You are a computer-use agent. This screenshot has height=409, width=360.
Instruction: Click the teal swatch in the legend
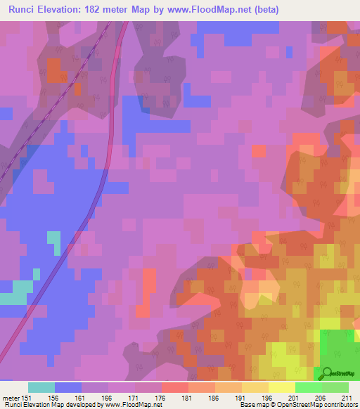pyautogui.click(x=41, y=387)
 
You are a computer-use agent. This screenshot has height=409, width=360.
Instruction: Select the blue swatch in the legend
pyautogui.click(x=68, y=387)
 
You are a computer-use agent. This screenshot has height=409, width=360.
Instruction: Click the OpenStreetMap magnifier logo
pyautogui.click(x=325, y=372)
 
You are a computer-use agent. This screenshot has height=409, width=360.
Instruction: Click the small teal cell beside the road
pyautogui.click(x=54, y=242)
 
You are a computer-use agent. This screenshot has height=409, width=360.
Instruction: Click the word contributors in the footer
pyautogui.click(x=340, y=405)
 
